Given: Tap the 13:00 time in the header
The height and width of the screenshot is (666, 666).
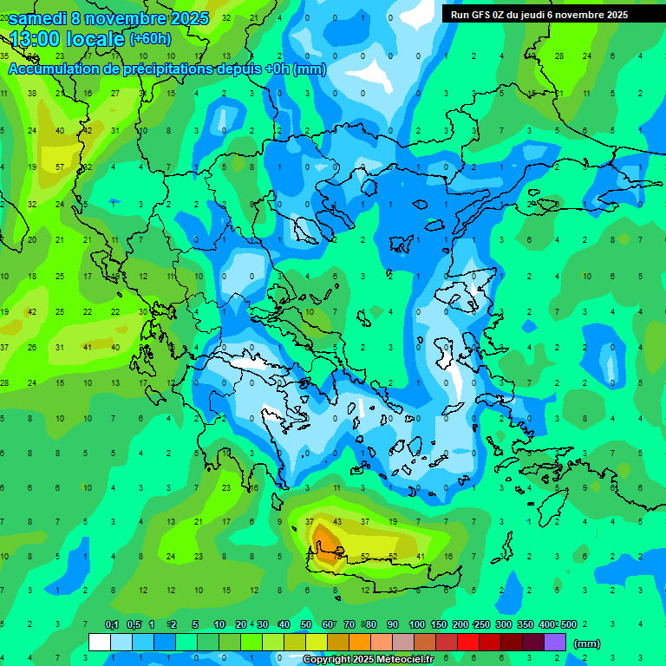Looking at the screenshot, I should coord(39,38).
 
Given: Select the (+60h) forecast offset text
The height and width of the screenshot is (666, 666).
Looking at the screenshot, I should coord(150,39).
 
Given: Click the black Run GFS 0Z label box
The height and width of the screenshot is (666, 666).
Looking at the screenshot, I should coord(539,14).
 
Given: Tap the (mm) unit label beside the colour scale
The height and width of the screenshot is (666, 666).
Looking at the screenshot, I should coord(587,643).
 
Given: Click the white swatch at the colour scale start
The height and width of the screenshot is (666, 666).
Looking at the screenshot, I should coord(100,643).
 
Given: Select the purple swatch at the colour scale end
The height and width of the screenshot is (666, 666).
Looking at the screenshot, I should coord(555,643).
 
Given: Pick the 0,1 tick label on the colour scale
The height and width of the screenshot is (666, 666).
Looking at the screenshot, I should coord(112,625).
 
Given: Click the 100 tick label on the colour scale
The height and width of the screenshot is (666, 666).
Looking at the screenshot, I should coord(417,625).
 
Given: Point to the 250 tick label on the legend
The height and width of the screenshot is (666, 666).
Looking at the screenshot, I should coord(482,625).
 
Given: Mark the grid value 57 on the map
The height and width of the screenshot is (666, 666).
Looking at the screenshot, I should coord(60,166).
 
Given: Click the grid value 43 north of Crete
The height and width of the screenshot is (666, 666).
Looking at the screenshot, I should coord(337,521).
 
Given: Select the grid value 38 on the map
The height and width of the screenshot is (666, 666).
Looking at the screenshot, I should coord(32,93).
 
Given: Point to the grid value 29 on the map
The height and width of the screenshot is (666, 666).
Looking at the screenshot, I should coord(531,204).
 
